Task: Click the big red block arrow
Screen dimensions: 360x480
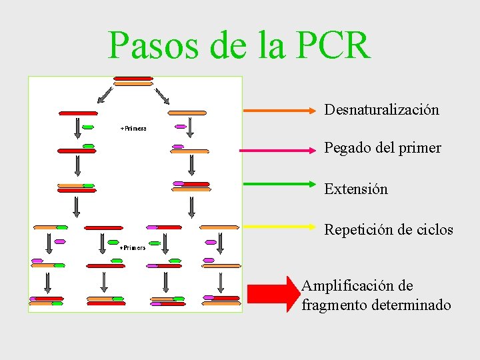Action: click(273, 293)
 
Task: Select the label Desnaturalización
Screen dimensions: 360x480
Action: click(381, 110)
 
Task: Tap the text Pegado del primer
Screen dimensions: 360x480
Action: click(382, 148)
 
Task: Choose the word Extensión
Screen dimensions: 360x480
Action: click(355, 189)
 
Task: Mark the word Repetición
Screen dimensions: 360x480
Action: click(358, 231)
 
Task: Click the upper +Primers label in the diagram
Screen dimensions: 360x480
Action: click(133, 128)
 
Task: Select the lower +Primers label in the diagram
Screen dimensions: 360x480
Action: click(133, 247)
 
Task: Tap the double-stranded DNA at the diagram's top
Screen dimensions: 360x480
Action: click(133, 81)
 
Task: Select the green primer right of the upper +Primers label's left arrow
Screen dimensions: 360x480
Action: click(87, 127)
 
